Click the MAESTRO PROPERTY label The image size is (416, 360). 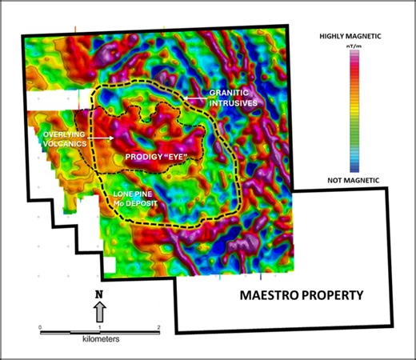point(302,295)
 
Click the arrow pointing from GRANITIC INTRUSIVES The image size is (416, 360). point(193,98)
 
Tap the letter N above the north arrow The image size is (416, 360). point(99,294)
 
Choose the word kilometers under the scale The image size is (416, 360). point(99,339)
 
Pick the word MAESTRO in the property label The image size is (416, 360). point(273,295)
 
